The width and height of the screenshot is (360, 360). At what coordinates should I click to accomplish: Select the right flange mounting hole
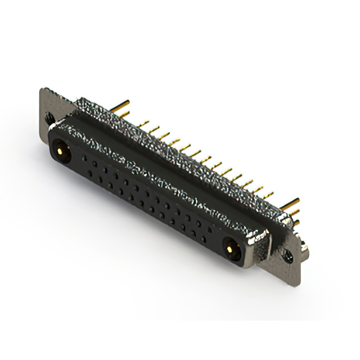click(x=290, y=256)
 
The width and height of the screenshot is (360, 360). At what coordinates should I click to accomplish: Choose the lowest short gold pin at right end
click(x=296, y=223)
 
